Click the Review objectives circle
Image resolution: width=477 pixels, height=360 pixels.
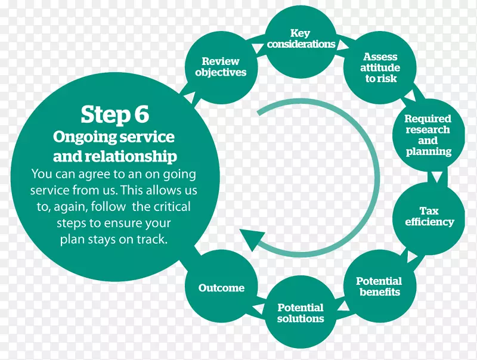point(220,66)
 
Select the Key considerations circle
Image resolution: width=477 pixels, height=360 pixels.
point(301,39)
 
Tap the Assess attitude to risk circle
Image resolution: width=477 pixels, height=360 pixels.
point(381,67)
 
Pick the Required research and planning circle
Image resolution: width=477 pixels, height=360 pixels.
point(427,135)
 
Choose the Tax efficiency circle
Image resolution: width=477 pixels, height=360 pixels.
point(429,216)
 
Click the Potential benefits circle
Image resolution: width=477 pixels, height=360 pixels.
point(379,286)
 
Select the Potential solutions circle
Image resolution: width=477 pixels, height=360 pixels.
point(301,312)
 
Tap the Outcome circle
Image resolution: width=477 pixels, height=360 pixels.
point(221,288)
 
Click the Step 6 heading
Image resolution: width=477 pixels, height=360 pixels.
point(114,114)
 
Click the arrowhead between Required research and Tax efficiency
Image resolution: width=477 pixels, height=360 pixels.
point(437,177)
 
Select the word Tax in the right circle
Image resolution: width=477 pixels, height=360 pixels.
point(429,210)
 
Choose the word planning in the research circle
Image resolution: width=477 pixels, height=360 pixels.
point(428,151)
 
